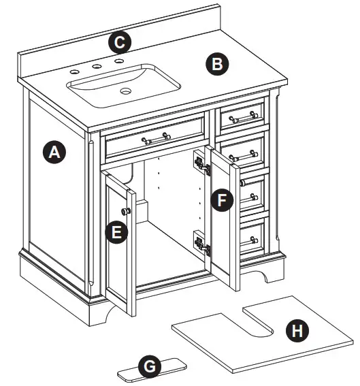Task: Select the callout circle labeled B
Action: [x=217, y=64]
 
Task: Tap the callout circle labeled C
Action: [x=120, y=43]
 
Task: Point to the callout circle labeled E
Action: [x=117, y=231]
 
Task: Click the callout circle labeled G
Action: [x=149, y=367]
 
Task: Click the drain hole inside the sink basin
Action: [x=126, y=90]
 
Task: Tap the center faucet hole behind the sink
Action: [x=97, y=67]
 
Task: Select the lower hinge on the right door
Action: [x=200, y=242]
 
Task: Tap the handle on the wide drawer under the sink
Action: [x=156, y=139]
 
